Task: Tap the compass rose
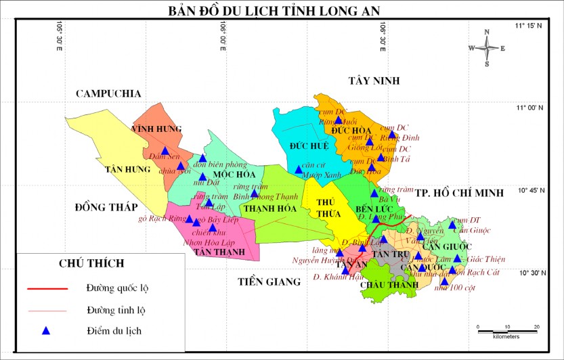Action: tap(487, 48)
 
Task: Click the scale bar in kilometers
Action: tap(507, 328)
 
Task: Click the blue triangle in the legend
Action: tap(46, 331)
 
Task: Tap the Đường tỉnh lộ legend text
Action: tap(117, 310)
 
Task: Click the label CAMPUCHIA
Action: tap(108, 93)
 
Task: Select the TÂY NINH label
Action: tap(374, 81)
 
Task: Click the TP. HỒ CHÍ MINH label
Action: tap(460, 193)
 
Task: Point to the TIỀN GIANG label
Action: tap(269, 282)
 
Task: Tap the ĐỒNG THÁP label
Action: tap(106, 206)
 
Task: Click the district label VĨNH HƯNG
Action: tap(156, 129)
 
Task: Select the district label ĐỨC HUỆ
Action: tap(309, 145)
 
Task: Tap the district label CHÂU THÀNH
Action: tap(385, 285)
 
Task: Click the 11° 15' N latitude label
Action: tap(528, 26)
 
